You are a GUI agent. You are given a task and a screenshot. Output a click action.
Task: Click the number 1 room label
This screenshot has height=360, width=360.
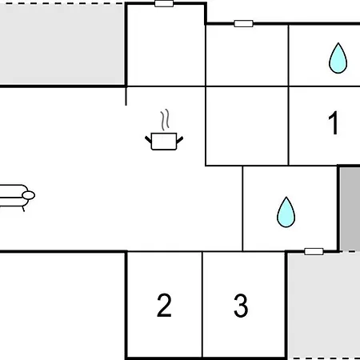pyautogui.click(x=334, y=122)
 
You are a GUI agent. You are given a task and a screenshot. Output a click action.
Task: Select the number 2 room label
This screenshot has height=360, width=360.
pyautogui.click(x=164, y=305)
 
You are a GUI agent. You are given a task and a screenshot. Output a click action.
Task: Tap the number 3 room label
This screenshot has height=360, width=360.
pyautogui.click(x=241, y=306)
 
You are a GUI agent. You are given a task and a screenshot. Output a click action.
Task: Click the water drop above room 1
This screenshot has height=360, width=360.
pyautogui.click(x=338, y=58)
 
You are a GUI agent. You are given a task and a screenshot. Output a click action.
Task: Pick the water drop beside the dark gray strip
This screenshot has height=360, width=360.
pyautogui.click(x=286, y=212)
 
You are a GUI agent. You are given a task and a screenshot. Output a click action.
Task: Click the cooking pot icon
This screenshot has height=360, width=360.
pyautogui.click(x=164, y=141)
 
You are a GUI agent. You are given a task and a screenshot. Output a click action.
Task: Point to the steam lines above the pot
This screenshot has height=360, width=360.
pyautogui.click(x=165, y=119)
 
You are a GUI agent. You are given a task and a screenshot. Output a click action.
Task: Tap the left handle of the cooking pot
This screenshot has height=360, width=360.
pyautogui.click(x=148, y=139)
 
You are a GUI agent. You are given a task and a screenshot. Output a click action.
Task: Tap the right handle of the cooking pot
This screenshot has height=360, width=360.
pyautogui.click(x=180, y=139)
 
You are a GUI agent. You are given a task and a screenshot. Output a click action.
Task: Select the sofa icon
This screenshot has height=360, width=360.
pyautogui.click(x=16, y=198)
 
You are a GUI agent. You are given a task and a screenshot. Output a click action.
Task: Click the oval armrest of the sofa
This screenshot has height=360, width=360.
pyautogui.click(x=29, y=195)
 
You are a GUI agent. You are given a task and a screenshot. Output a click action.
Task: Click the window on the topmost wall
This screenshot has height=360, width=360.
pyautogui.click(x=164, y=3)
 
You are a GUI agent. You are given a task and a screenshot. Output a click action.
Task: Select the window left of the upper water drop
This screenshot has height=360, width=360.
pyautogui.click(x=243, y=23)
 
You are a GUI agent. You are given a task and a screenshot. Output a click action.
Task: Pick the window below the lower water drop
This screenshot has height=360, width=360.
pyautogui.click(x=314, y=251)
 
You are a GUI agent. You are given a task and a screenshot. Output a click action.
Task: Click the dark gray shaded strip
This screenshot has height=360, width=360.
pyautogui.click(x=350, y=209)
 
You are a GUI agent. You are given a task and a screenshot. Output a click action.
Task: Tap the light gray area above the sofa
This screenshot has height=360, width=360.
pyautogui.click(x=62, y=45)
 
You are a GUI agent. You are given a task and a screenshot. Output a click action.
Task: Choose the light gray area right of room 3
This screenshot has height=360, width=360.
pyautogui.click(x=324, y=306)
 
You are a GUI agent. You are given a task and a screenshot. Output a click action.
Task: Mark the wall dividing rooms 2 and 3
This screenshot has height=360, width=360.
pyautogui.click(x=202, y=305)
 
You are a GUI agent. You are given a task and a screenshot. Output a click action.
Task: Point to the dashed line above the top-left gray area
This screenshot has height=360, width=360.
pyautogui.click(x=62, y=3)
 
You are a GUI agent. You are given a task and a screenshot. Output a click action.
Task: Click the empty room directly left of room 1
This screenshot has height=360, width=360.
pyautogui.click(x=247, y=126)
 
